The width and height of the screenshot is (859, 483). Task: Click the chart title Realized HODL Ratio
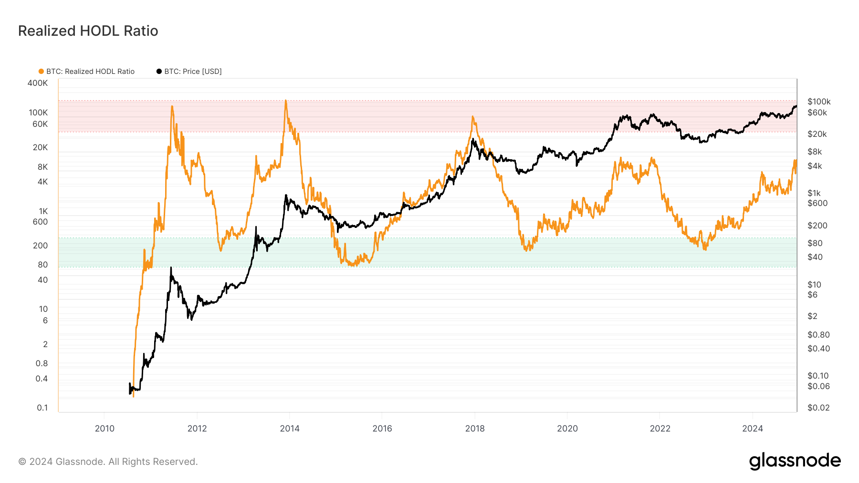click(x=88, y=31)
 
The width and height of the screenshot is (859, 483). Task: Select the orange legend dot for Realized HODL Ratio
click(x=41, y=72)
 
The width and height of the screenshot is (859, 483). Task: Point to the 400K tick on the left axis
click(x=38, y=83)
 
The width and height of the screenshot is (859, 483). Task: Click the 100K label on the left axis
click(x=38, y=113)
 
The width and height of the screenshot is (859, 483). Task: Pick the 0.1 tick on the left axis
click(x=42, y=408)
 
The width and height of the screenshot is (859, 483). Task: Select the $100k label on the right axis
click(x=819, y=102)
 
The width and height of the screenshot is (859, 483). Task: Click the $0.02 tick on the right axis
click(x=818, y=408)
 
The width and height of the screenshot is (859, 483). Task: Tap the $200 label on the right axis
click(x=817, y=226)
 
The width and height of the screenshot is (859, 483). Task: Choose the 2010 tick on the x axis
click(x=105, y=428)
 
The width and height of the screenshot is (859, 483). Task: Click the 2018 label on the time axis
click(x=475, y=428)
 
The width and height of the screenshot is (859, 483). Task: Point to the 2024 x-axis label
click(x=753, y=428)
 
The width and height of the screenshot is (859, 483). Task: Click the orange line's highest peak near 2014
click(x=285, y=101)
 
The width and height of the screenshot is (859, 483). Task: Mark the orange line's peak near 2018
click(x=472, y=116)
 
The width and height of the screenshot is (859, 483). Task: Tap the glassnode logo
click(x=795, y=461)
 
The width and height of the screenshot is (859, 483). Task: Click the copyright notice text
click(x=108, y=462)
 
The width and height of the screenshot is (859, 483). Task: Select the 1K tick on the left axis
click(x=43, y=211)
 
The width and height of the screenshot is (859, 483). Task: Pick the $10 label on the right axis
click(x=814, y=285)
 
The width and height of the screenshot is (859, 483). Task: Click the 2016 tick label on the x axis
click(x=382, y=428)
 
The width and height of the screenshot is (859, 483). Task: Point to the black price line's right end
click(x=796, y=106)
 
